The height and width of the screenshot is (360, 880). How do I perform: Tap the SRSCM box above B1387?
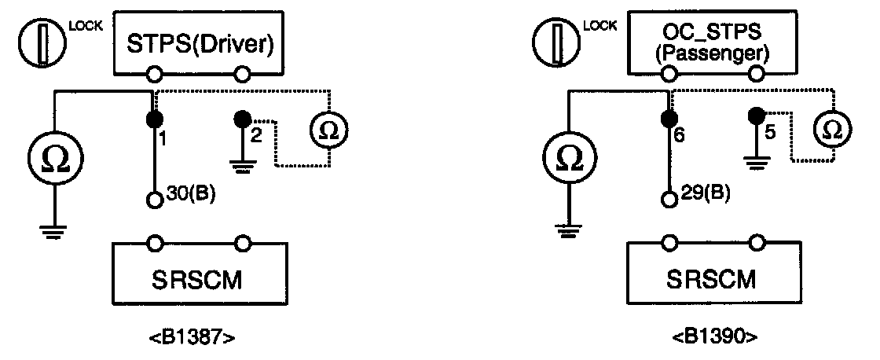pos(200,279)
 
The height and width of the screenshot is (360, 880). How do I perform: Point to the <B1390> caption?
pos(714,339)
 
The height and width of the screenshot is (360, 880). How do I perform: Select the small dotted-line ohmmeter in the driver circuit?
pos(330,129)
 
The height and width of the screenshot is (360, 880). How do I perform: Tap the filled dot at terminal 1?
pos(155,119)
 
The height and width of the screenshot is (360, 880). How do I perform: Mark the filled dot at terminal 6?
pos(669,119)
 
